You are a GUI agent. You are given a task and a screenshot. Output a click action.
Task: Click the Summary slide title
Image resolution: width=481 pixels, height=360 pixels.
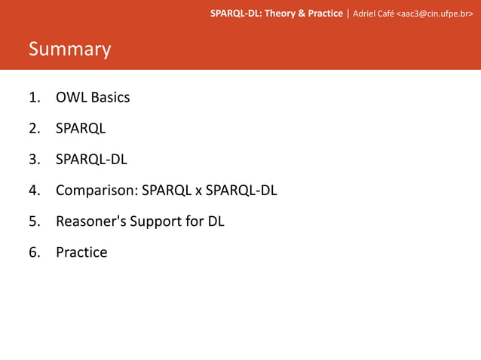(69, 50)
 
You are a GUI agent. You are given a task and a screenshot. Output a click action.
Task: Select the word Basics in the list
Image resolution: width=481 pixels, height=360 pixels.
(110, 97)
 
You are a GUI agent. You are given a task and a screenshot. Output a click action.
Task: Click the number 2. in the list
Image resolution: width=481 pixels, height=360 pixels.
(35, 128)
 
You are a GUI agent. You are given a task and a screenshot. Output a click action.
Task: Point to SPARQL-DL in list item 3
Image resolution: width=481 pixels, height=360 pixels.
(90, 159)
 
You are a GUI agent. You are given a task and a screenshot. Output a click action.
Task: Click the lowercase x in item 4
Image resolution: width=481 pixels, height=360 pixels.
(198, 191)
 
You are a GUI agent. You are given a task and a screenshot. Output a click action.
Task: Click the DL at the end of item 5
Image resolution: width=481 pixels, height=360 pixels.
(216, 221)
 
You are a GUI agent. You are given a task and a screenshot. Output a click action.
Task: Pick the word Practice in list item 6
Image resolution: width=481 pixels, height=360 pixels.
(81, 252)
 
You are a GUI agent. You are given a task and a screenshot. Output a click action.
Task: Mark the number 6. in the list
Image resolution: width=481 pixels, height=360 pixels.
(35, 252)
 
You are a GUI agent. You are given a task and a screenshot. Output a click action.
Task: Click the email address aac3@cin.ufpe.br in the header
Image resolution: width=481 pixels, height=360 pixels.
(435, 13)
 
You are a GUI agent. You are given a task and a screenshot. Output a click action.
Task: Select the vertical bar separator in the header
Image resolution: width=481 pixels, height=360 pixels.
(348, 13)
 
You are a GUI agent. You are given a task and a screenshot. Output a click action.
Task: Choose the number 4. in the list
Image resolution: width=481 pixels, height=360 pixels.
(35, 191)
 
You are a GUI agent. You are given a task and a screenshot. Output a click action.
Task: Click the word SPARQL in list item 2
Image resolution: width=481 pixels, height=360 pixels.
(81, 128)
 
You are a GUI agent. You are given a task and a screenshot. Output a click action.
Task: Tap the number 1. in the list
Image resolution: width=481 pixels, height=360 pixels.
(35, 97)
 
